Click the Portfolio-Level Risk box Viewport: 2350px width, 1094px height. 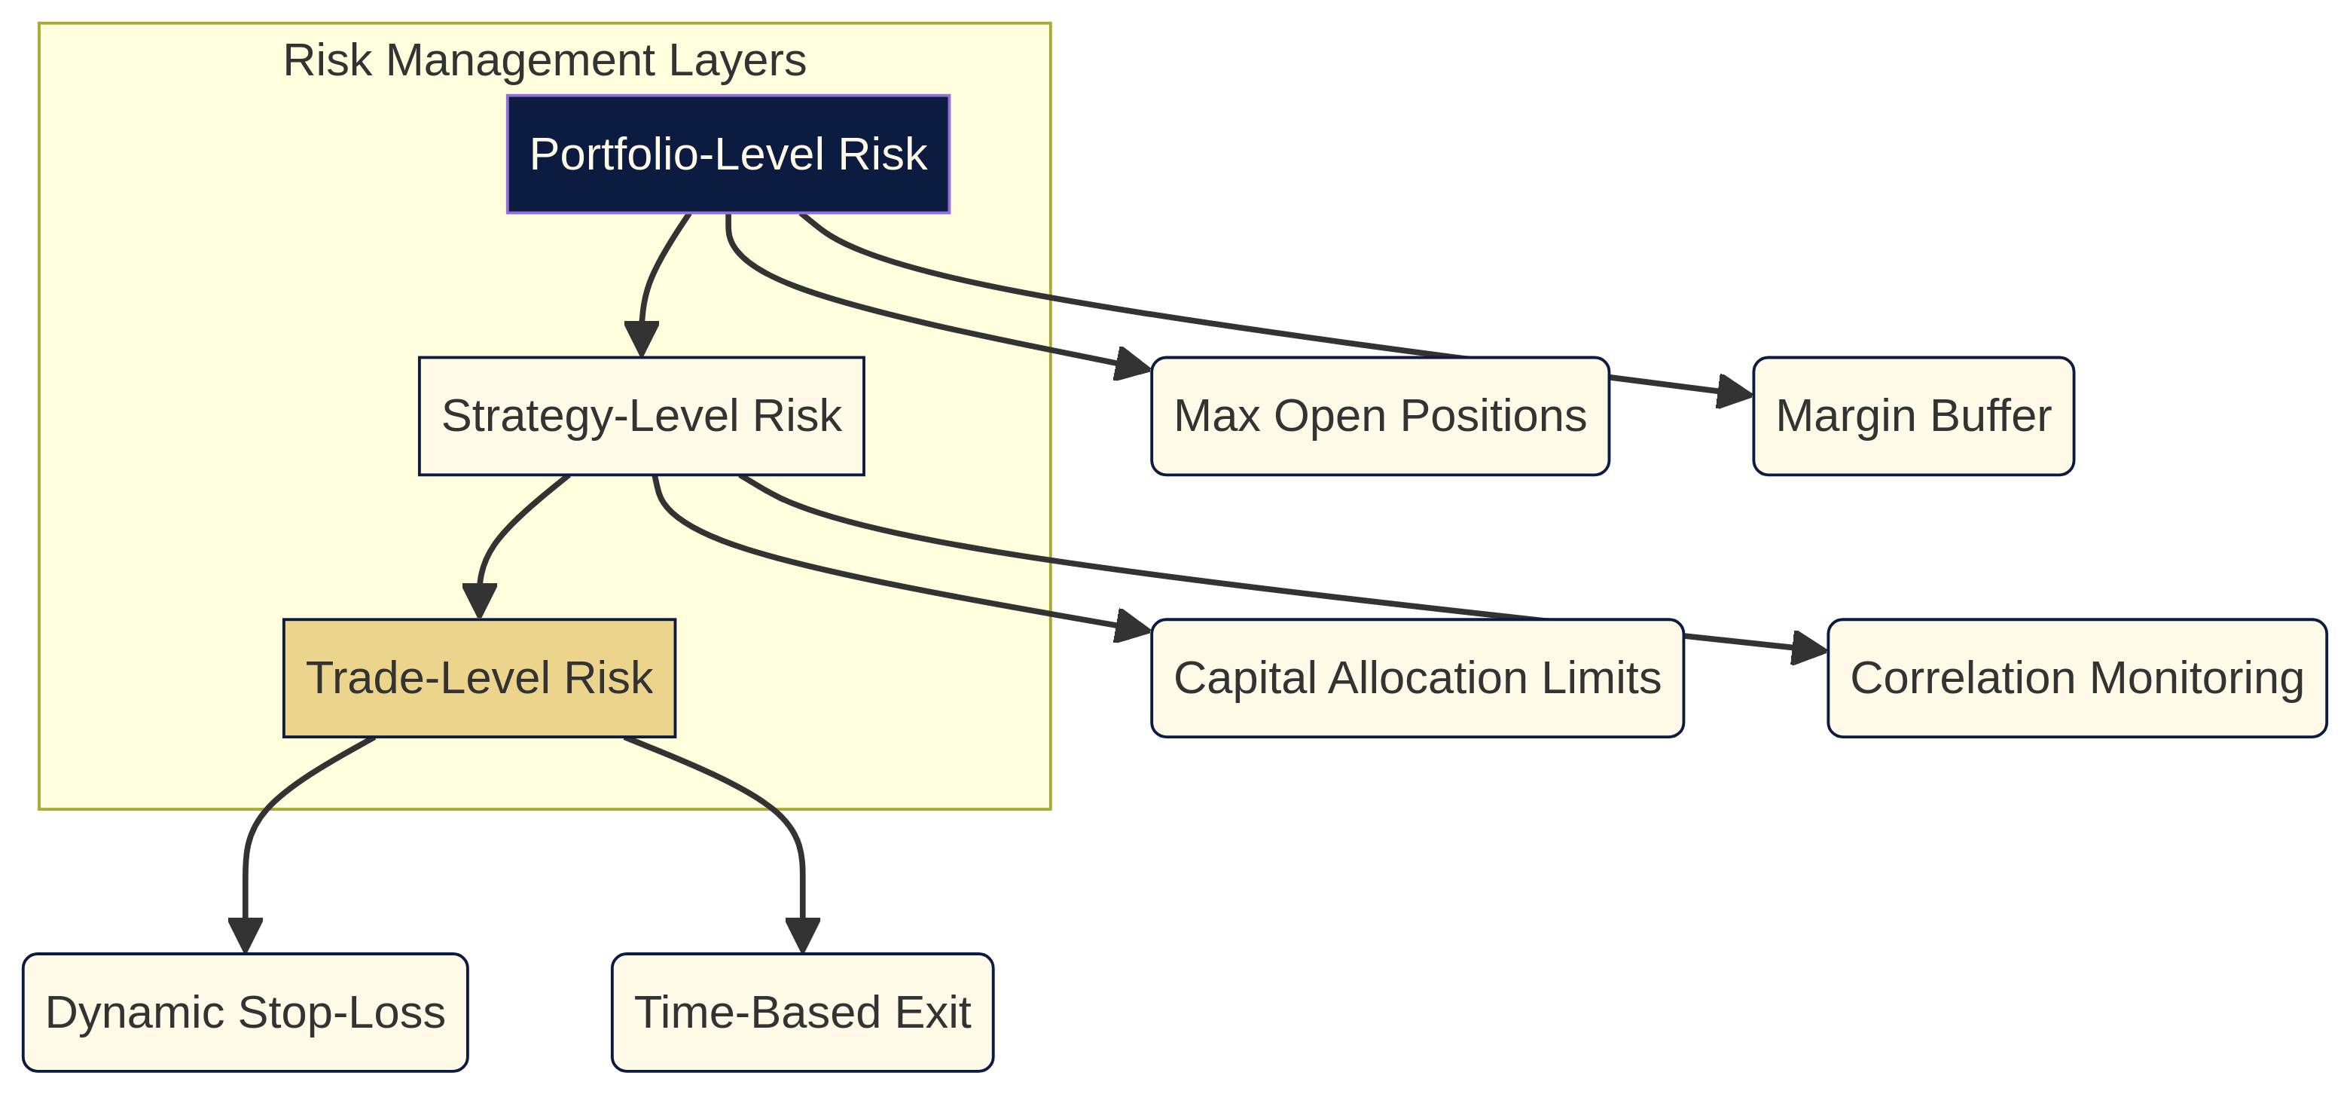point(728,154)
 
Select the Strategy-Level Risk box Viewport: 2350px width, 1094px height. point(641,416)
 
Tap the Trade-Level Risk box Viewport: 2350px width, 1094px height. point(479,678)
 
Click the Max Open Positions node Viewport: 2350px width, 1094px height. point(1379,416)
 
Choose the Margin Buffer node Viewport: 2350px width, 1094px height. point(1913,416)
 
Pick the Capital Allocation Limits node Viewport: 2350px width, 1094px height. point(1417,678)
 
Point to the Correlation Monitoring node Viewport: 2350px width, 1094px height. point(2077,678)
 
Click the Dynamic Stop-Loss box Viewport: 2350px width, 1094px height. point(246,1013)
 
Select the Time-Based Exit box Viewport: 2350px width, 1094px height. point(802,1013)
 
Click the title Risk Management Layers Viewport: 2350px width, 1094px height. point(544,61)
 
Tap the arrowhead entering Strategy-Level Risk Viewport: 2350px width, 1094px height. point(641,339)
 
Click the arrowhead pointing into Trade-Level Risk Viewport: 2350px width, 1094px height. point(479,601)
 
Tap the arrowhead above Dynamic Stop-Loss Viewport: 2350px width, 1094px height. point(246,936)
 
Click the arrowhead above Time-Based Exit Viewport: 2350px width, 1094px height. point(802,936)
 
